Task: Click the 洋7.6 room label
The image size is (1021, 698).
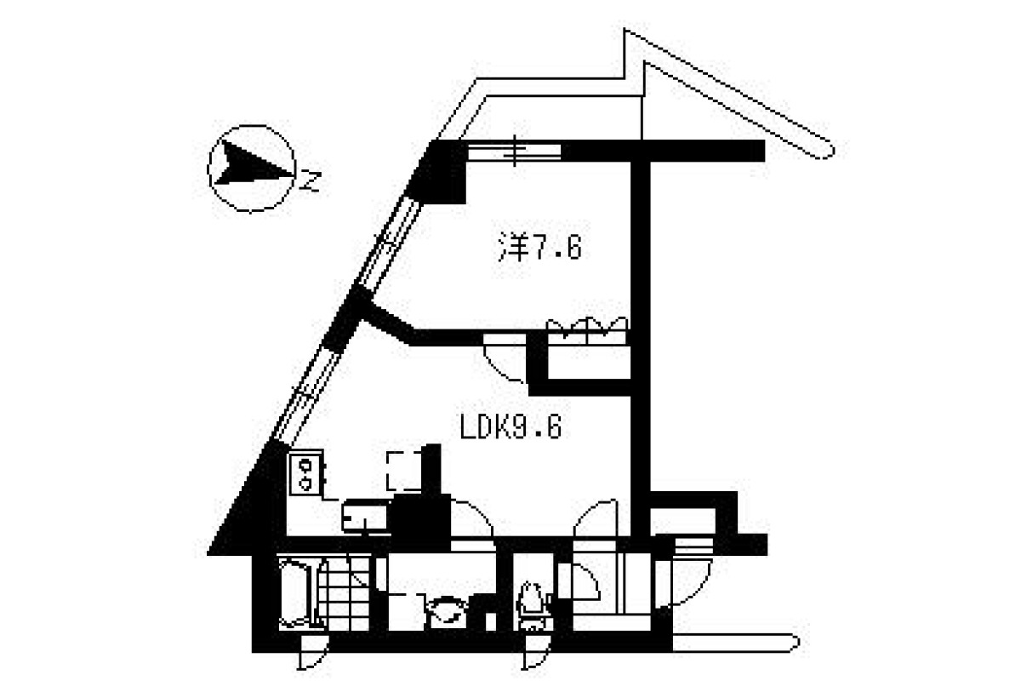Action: pos(540,247)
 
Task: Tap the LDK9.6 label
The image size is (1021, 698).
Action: pos(511,429)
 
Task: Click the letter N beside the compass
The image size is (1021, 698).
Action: pos(311,180)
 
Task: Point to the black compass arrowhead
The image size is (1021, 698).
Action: pos(253,163)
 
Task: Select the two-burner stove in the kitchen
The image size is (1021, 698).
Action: pos(306,473)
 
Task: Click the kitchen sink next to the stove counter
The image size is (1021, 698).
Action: pos(365,517)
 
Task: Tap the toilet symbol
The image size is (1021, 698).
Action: pos(531,605)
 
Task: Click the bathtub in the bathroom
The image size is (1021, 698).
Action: pos(295,594)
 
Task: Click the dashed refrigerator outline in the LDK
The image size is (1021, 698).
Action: pos(404,471)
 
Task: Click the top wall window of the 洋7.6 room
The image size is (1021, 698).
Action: pos(514,151)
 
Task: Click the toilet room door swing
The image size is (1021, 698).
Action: pos(579,581)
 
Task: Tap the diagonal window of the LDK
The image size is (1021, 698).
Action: pos(305,396)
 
